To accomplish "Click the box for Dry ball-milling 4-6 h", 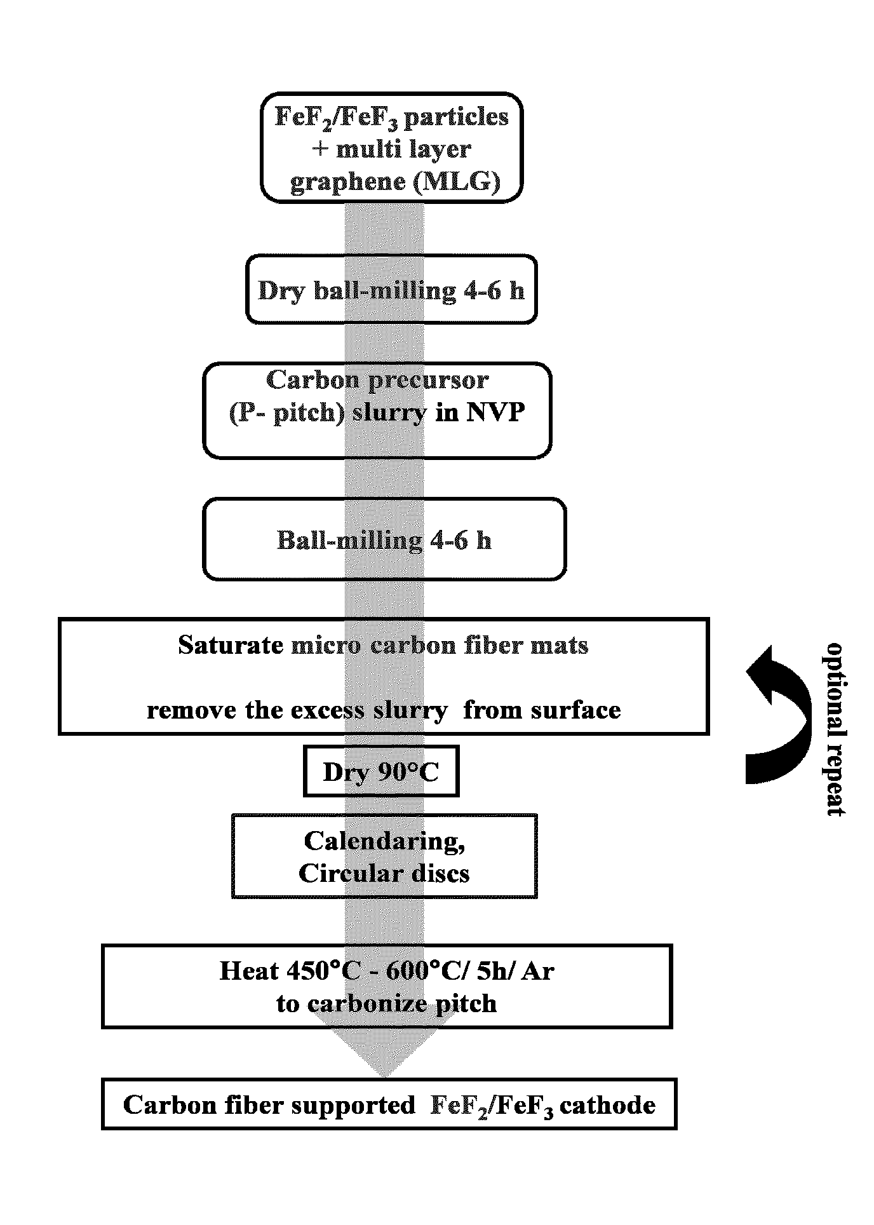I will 391,290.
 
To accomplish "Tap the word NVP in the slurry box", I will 496,413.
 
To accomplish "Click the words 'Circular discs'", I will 384,873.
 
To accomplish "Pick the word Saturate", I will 231,646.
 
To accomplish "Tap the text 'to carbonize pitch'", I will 386,1004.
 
